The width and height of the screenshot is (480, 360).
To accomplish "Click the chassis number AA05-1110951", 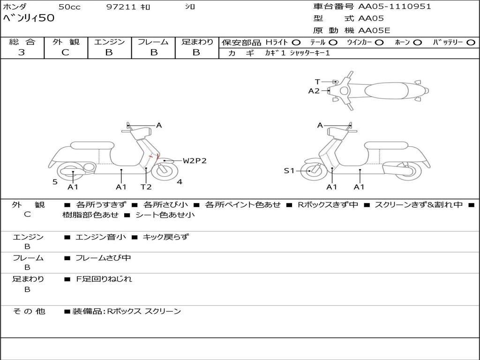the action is coord(394,7).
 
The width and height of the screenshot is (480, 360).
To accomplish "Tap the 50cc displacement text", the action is coord(69,7).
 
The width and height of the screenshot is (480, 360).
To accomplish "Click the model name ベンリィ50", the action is coord(29,18).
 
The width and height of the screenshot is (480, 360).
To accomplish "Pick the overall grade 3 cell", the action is coord(22,52).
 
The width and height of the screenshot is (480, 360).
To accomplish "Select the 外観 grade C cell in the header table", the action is coord(65,52).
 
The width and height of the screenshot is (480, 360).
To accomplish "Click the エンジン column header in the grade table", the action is coord(109,42).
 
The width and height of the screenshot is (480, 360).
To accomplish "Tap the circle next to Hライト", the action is coord(296,43).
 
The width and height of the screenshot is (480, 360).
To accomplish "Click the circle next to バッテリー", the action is coord(470,43).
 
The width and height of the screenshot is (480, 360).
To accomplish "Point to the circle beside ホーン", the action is coord(417,43).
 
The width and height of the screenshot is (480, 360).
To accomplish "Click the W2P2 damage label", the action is coord(195,161).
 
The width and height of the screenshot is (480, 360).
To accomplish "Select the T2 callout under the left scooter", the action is coord(146,187).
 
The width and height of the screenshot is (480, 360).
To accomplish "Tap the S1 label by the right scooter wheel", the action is coord(289,171).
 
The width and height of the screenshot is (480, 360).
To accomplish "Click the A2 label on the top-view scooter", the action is coord(314,91).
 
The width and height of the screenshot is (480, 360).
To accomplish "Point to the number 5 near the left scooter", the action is coord(55,182).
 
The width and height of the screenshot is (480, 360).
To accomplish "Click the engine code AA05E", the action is coord(374,30).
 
